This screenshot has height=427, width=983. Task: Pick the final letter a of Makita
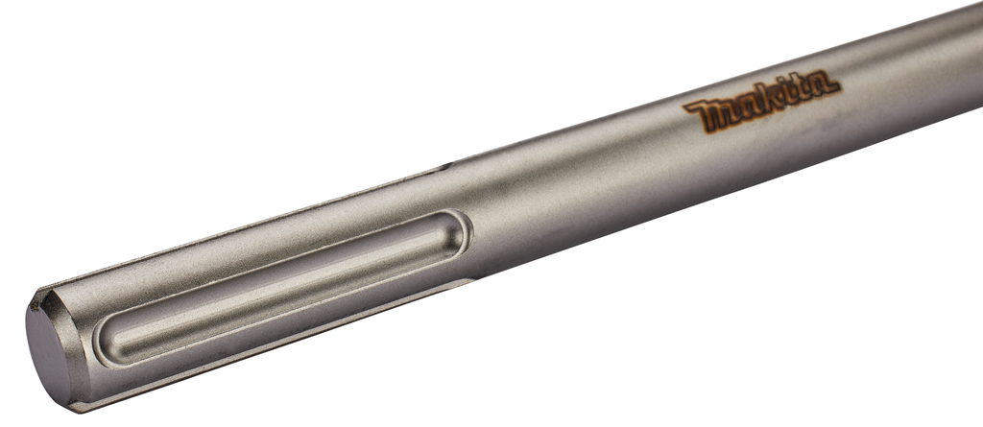(823, 85)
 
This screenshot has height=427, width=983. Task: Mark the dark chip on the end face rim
(36, 304)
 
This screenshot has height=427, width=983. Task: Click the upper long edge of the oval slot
(278, 257)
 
